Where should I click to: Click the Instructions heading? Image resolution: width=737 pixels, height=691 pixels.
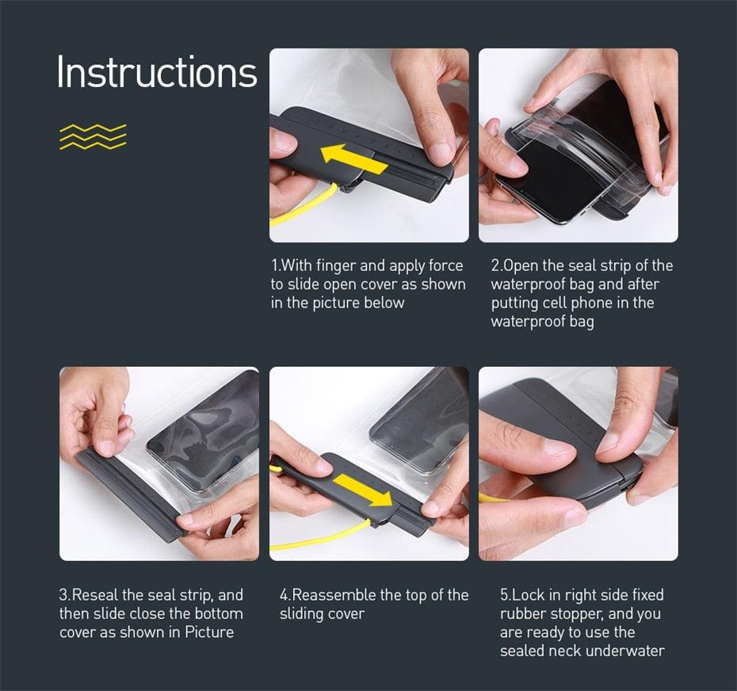click(157, 72)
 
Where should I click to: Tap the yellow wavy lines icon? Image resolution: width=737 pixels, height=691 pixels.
click(93, 136)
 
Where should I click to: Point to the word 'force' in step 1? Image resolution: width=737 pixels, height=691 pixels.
click(445, 265)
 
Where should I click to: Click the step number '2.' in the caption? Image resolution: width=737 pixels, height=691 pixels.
click(497, 265)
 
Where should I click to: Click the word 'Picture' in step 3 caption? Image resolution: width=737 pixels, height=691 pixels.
click(209, 632)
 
